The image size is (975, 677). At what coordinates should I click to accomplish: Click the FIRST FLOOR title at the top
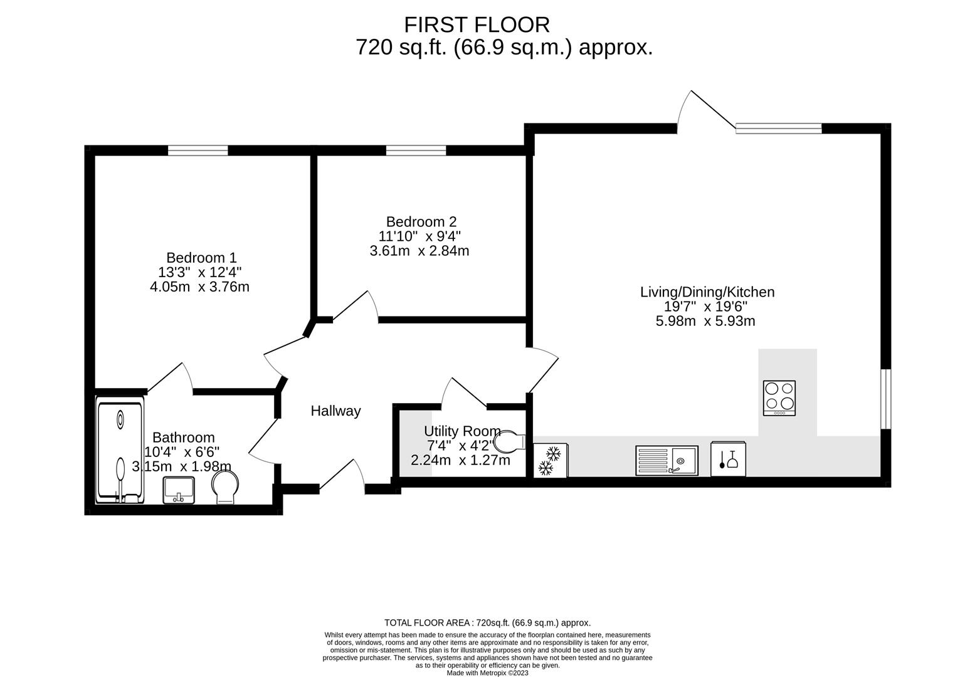[x=477, y=24]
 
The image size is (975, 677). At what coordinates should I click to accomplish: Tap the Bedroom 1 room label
[x=201, y=258]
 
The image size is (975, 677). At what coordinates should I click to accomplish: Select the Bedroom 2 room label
[x=421, y=222]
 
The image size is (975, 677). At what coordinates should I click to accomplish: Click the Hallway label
[x=335, y=411]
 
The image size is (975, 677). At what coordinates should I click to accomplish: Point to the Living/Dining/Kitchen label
[x=707, y=292]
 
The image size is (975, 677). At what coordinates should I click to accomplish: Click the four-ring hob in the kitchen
[x=779, y=397]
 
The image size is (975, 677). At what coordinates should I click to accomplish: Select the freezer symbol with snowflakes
[x=550, y=460]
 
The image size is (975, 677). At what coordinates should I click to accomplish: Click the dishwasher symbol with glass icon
[x=728, y=459]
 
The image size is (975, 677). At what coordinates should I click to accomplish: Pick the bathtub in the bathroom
[x=120, y=451]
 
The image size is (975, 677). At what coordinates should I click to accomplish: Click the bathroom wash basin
[x=179, y=490]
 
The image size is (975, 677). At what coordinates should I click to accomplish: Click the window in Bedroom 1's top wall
[x=198, y=150]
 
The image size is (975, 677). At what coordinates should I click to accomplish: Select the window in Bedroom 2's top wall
[x=416, y=150]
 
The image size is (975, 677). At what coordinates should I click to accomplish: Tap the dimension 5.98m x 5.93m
[x=705, y=322]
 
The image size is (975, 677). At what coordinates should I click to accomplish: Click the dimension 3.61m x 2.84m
[x=419, y=251]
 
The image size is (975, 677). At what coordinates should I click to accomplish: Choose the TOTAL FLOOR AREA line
[x=487, y=622]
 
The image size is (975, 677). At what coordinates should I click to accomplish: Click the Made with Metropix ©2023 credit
[x=487, y=673]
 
